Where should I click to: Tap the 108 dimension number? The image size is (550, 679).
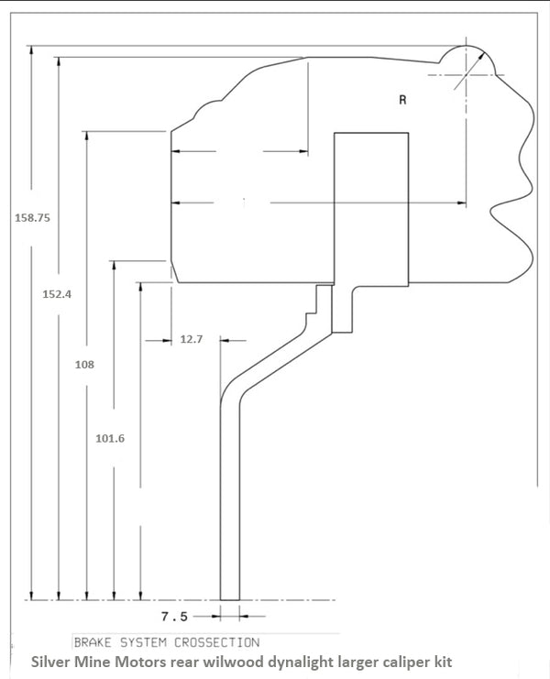coord(84,364)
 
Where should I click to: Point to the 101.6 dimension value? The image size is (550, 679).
coord(110,438)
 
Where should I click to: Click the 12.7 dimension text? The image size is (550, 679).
coord(191,339)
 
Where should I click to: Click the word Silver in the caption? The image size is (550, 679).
coord(53,661)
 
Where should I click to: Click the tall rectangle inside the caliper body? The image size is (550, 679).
coord(370,207)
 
